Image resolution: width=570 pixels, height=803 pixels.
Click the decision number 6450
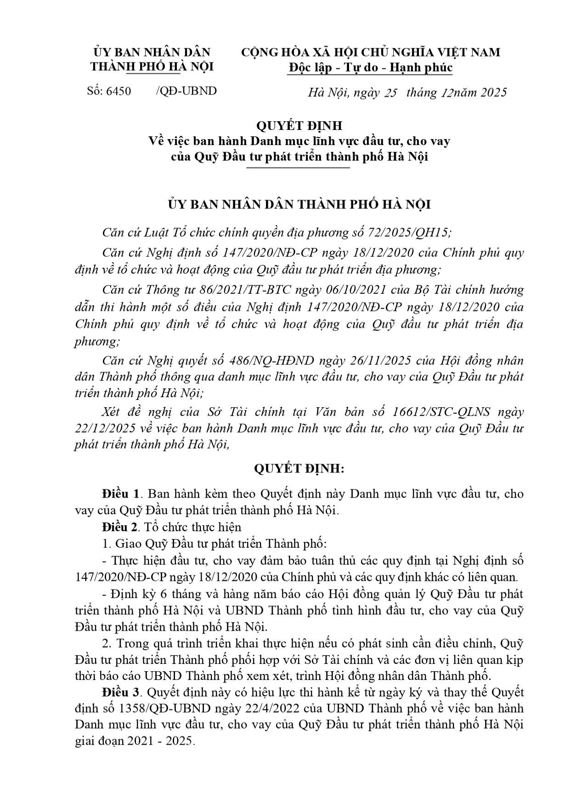(x=119, y=91)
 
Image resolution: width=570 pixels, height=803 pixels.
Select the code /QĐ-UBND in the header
(x=186, y=91)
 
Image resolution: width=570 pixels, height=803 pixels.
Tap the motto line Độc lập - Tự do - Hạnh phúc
(x=371, y=67)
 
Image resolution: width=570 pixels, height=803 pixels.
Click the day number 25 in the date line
(x=391, y=92)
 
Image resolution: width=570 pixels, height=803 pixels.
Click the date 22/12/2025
(x=105, y=428)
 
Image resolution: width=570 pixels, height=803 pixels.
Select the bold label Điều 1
(x=121, y=494)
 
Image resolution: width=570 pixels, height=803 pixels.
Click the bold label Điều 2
(x=121, y=527)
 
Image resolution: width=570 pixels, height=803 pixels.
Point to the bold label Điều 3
(x=121, y=691)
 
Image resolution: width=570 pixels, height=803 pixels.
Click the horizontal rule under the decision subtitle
(x=298, y=168)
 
